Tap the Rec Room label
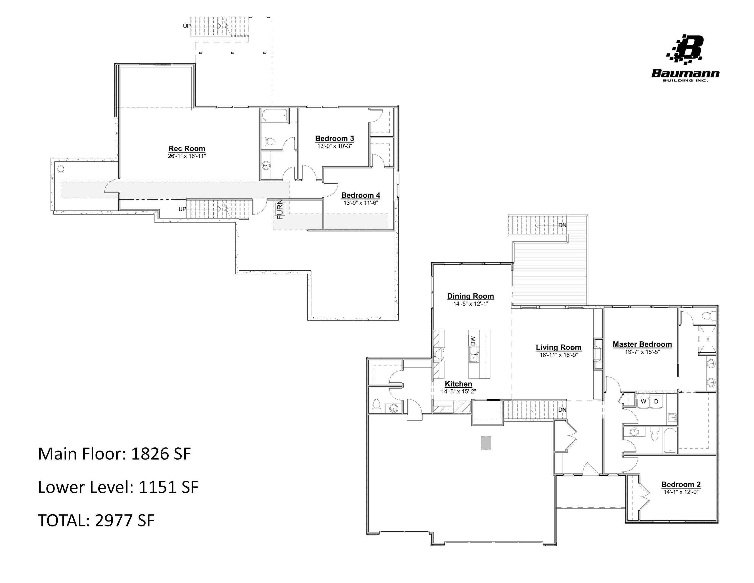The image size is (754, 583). pyautogui.click(x=187, y=148)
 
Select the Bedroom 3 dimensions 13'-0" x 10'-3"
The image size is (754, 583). pyautogui.click(x=334, y=146)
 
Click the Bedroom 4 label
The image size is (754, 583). pyautogui.click(x=360, y=195)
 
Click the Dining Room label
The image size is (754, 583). pyautogui.click(x=470, y=296)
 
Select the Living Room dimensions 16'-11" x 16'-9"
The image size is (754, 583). pyautogui.click(x=558, y=355)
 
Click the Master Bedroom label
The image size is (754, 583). pyautogui.click(x=642, y=344)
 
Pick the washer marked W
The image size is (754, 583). pyautogui.click(x=643, y=401)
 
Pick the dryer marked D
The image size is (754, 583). pyautogui.click(x=656, y=401)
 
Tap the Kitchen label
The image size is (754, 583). pyautogui.click(x=458, y=384)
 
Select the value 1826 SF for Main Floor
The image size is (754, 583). pyautogui.click(x=161, y=453)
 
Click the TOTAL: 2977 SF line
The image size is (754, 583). pyautogui.click(x=96, y=520)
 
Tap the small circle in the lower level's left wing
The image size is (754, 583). pyautogui.click(x=61, y=169)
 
